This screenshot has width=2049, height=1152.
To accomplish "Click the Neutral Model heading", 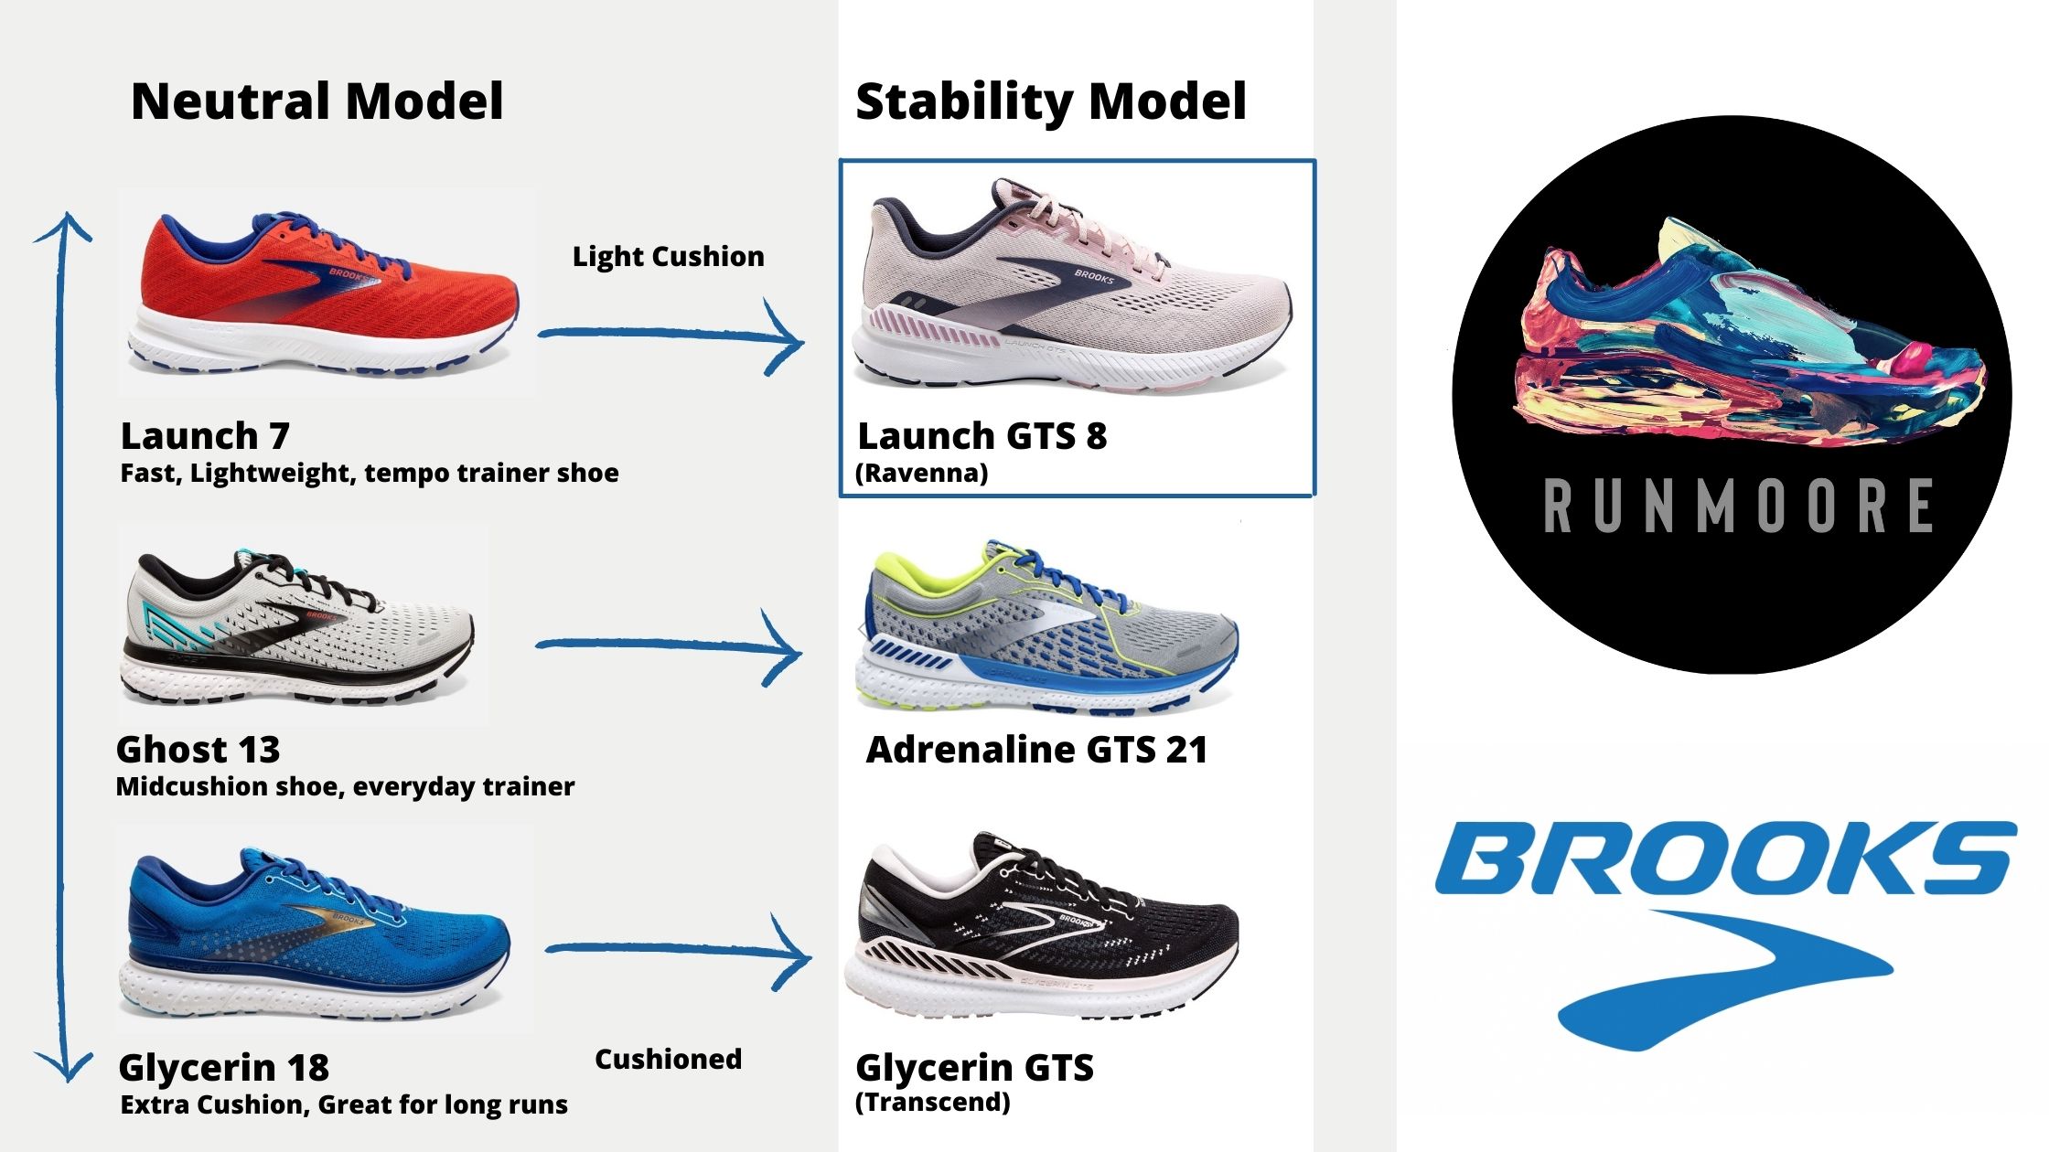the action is click(317, 101).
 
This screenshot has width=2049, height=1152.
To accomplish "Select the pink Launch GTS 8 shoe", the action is click(1071, 288).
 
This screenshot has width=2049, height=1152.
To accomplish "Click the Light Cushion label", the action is click(669, 257).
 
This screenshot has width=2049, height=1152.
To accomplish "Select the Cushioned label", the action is click(669, 1059).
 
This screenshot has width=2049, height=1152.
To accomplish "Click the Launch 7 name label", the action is click(205, 436).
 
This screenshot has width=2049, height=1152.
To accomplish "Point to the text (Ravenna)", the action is click(922, 474).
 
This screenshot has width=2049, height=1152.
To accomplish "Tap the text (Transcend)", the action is click(933, 1103).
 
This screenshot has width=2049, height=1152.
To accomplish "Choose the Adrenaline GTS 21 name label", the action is click(1037, 750).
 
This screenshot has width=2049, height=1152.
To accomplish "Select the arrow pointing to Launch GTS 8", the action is click(671, 336).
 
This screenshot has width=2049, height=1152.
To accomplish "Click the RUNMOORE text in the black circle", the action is click(1738, 506).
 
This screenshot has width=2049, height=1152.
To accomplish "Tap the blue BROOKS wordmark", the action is click(1724, 857).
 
